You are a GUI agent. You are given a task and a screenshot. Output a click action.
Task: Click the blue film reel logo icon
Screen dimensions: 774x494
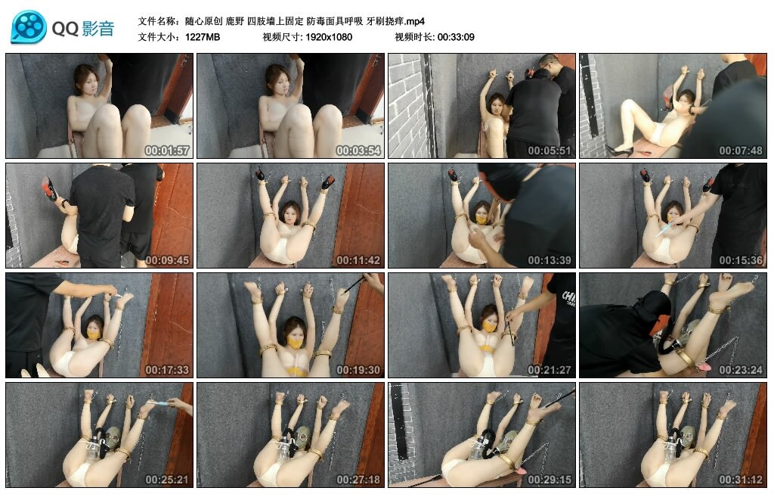coord(29,27)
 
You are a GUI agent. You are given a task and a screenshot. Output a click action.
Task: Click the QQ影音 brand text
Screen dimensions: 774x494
coord(83,28)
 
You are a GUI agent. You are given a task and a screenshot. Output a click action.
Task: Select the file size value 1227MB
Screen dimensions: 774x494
coord(203,37)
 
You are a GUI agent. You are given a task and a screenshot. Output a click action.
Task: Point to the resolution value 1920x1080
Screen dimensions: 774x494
coord(329,37)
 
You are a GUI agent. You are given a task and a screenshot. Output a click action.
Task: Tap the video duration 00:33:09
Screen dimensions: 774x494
coord(456,37)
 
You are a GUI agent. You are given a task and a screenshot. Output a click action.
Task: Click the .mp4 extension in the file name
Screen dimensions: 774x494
coord(415,21)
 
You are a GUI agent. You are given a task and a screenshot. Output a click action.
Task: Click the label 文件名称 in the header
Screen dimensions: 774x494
coord(158,21)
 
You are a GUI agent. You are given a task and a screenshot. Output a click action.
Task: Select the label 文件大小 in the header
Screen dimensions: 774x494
coord(158,37)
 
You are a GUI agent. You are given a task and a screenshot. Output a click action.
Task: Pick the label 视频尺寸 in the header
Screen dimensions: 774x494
coord(283,37)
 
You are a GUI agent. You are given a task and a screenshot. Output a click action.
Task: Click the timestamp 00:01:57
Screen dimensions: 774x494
coord(167,151)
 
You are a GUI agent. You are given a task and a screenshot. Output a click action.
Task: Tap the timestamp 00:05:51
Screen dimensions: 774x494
coord(550,151)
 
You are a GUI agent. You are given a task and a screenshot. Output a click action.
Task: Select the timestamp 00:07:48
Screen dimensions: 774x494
coord(741,151)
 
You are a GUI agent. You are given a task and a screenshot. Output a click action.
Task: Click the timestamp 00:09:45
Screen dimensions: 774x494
coord(167,260)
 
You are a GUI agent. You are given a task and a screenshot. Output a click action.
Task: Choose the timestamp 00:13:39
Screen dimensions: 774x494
coord(550,260)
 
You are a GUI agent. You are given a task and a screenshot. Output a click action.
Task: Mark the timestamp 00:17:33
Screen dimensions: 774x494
coord(167,370)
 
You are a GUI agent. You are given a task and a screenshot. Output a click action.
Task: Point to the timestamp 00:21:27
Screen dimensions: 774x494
coord(550,370)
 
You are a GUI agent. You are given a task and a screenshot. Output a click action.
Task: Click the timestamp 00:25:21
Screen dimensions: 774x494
coord(167,480)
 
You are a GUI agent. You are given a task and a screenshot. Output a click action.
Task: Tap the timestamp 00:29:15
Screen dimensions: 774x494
coord(550,480)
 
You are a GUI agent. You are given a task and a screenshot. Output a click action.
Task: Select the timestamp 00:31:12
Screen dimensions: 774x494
coord(741,480)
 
